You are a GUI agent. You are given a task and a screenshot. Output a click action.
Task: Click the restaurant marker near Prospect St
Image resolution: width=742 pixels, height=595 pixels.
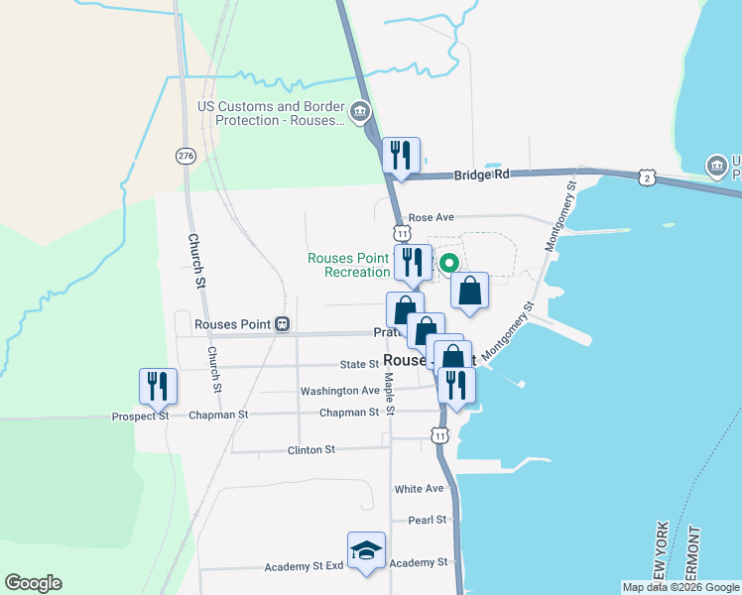[x=158, y=387]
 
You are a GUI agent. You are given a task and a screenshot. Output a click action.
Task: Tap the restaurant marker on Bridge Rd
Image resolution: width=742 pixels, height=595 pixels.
[x=401, y=156]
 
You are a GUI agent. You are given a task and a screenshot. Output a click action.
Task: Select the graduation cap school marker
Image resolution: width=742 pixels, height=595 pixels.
[x=366, y=550]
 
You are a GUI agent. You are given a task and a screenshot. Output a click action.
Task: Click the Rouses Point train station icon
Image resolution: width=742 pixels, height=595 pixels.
[x=283, y=323]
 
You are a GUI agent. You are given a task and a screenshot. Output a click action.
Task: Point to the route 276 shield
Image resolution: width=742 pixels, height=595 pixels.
[x=185, y=156]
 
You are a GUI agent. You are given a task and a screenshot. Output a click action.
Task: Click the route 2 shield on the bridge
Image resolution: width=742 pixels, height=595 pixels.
[x=647, y=178]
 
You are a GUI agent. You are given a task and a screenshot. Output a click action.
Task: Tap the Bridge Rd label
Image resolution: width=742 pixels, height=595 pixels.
[x=481, y=175]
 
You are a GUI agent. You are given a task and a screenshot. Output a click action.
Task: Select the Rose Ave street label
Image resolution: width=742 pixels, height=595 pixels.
[x=430, y=217]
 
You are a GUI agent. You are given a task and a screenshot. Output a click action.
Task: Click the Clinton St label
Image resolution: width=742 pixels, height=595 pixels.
[x=310, y=450]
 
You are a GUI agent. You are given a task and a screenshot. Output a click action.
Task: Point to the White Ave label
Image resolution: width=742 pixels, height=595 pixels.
[x=419, y=489]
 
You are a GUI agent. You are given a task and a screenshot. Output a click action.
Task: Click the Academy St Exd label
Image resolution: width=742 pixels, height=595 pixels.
[x=304, y=567]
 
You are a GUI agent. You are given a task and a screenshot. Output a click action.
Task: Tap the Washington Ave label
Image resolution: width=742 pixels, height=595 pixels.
[x=339, y=391]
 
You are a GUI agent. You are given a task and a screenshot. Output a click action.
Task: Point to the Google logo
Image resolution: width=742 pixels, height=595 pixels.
[x=33, y=583]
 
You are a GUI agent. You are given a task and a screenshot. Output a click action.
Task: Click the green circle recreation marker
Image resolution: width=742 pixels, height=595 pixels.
[x=448, y=263]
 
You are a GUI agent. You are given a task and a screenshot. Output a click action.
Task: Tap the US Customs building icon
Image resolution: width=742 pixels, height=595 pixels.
[x=359, y=109]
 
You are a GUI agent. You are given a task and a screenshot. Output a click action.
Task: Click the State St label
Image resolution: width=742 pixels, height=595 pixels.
[x=353, y=365]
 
